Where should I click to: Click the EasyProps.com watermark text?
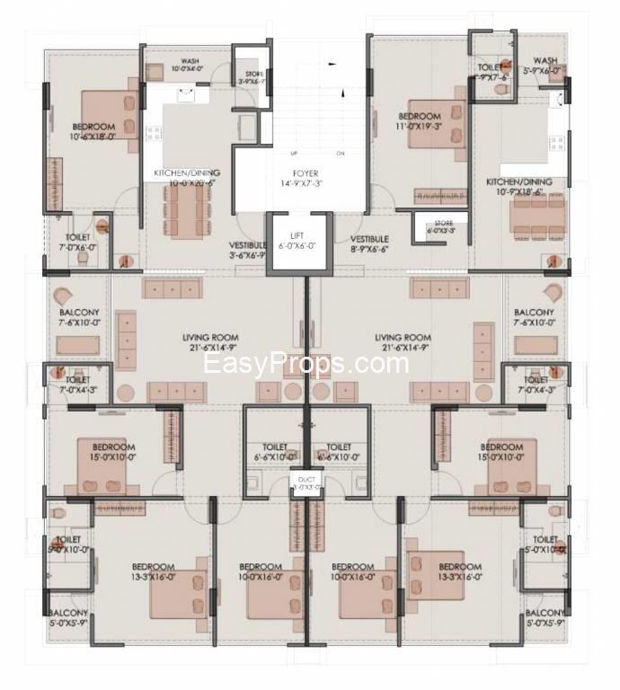pyautogui.click(x=306, y=364)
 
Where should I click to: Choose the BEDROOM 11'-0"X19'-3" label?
pyautogui.click(x=419, y=122)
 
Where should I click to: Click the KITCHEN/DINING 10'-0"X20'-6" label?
pyautogui.click(x=187, y=177)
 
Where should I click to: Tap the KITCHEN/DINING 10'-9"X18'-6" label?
pyautogui.click(x=519, y=186)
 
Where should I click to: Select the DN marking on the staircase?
pyautogui.click(x=341, y=154)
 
